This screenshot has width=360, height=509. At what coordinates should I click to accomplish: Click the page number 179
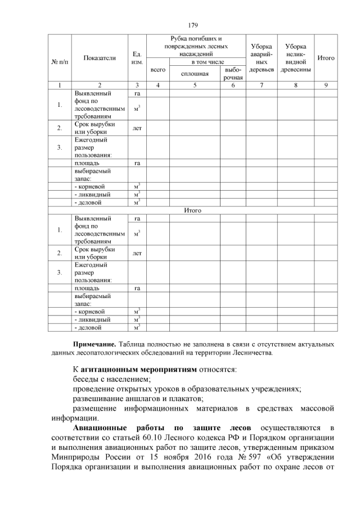tap(192, 25)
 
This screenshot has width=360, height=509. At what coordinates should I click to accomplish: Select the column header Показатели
tap(99, 58)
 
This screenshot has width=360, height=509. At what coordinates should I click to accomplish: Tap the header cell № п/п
tap(59, 58)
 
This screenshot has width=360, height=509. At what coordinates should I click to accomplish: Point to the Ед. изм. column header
tap(136, 58)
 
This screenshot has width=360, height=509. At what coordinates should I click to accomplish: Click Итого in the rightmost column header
tap(326, 58)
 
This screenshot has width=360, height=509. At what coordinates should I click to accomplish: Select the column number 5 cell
tap(195, 85)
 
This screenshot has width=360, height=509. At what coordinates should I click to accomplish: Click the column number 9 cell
tap(326, 85)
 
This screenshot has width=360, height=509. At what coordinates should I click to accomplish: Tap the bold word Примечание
tap(94, 344)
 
